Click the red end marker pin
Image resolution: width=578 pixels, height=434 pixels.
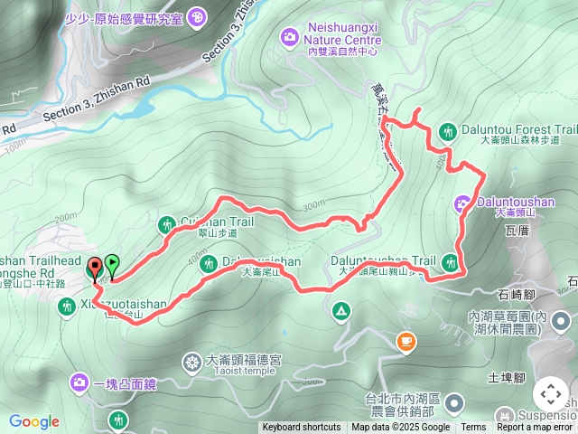(95, 269)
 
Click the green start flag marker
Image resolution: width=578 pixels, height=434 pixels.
(111, 265)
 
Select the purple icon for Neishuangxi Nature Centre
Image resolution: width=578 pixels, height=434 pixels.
(289, 36)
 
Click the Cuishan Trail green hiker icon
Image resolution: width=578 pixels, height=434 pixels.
(166, 224)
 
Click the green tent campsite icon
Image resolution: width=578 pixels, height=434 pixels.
(341, 312)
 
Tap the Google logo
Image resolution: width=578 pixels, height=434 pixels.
(33, 421)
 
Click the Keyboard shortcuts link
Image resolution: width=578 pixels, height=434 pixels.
(301, 428)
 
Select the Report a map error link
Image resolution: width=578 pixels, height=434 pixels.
(535, 428)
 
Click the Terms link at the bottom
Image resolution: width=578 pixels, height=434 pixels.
(473, 428)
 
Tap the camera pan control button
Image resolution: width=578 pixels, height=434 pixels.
(551, 395)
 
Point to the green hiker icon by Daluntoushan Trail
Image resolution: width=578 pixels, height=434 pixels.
(451, 262)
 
